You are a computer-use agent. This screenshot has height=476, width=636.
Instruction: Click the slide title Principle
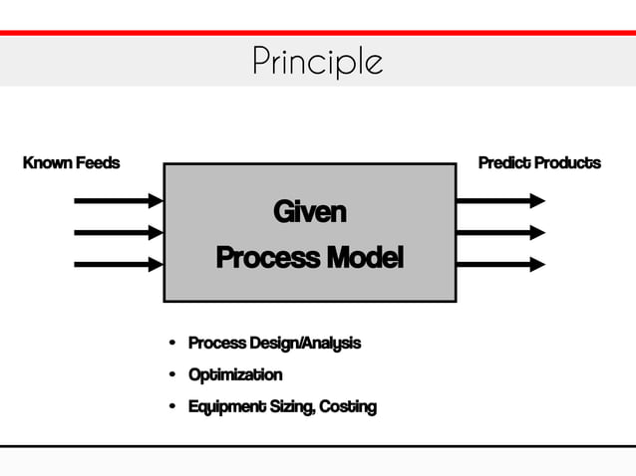317,62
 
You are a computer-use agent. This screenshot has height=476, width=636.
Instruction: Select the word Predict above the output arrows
503,162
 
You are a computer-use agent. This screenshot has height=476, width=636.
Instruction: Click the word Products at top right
567,162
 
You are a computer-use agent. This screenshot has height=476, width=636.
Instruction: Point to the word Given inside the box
309,212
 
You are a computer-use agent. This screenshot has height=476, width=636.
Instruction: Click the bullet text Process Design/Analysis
274,344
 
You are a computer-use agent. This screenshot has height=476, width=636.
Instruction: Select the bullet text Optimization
235,375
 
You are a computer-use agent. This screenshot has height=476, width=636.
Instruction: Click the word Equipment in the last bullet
224,407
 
